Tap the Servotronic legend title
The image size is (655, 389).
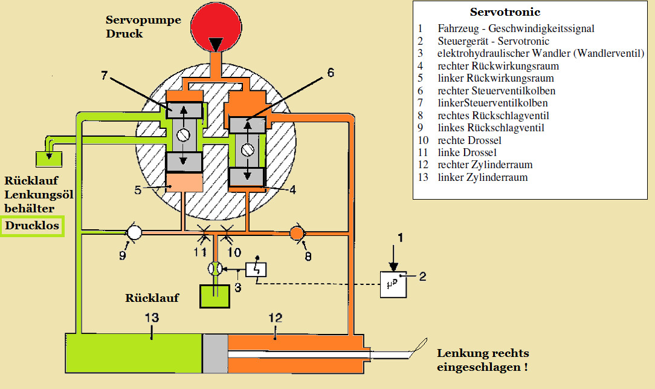(x=505, y=12)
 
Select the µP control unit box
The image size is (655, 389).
(x=393, y=284)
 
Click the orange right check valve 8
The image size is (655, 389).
(x=297, y=232)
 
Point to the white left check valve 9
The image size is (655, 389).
(x=134, y=232)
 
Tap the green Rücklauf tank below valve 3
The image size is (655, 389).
(x=215, y=296)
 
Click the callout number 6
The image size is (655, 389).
(x=330, y=72)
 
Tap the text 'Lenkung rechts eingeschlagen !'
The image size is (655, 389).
(x=483, y=360)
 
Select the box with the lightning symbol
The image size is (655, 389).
(x=257, y=269)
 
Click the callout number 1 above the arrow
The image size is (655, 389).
(x=399, y=238)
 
